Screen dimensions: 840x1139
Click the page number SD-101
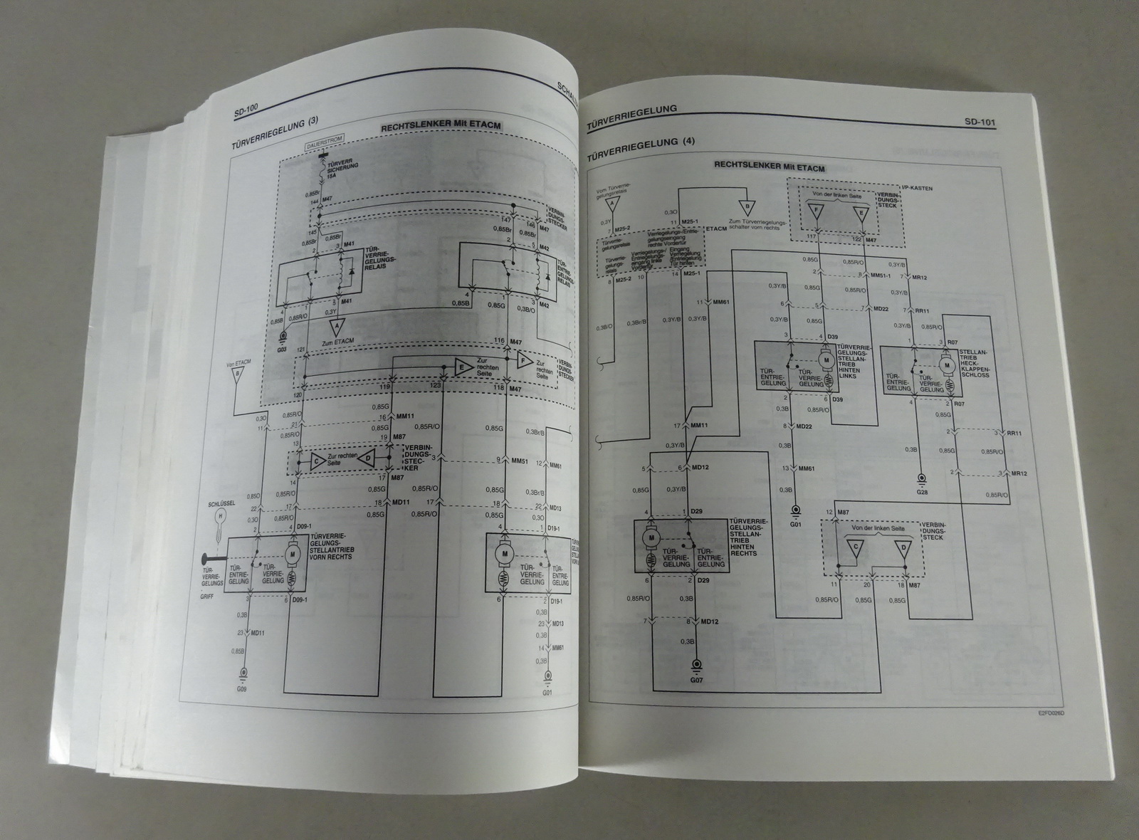pos(979,122)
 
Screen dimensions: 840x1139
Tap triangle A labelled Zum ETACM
pos(333,328)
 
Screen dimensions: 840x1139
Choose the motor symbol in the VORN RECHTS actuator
pos(291,552)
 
